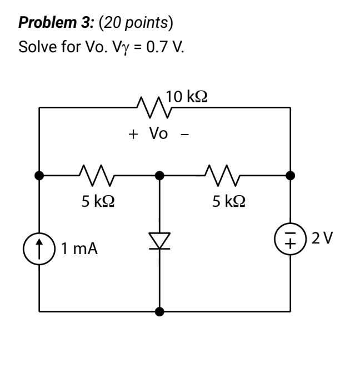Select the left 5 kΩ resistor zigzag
pos(97,175)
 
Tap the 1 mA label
pos(79,248)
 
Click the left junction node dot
pos(39,175)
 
